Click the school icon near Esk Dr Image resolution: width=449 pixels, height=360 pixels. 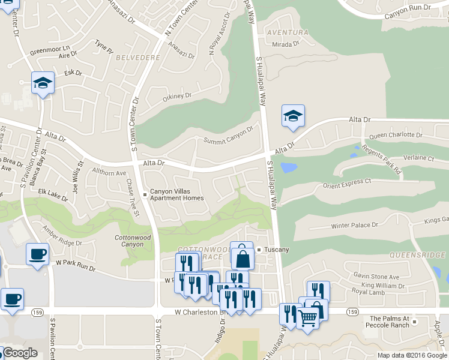click(43, 83)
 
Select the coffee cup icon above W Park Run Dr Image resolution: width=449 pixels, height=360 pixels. click(37, 254)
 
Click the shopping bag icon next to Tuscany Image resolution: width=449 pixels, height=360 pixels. click(242, 258)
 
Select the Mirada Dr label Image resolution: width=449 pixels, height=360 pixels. click(285, 44)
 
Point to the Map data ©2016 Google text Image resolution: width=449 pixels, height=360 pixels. click(411, 355)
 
